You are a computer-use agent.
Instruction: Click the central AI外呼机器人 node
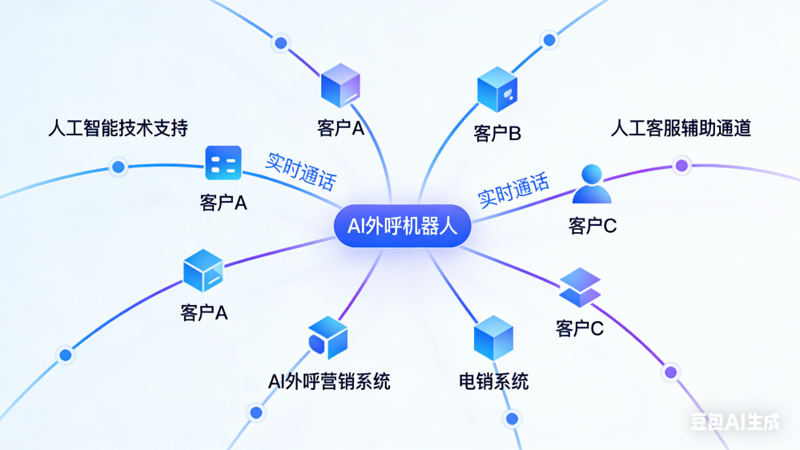tap(401, 226)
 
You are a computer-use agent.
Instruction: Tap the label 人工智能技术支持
tap(119, 127)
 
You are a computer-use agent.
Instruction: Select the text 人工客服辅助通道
tap(681, 127)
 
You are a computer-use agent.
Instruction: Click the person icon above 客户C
tap(592, 185)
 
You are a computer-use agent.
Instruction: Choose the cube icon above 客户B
tap(497, 90)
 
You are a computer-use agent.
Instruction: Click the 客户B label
tap(497, 134)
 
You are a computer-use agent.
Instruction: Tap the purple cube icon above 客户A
tap(340, 85)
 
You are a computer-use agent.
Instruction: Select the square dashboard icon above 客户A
tap(223, 164)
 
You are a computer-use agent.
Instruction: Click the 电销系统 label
tap(493, 381)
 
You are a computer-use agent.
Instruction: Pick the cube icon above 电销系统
tap(493, 338)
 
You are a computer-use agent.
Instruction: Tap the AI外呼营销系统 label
tap(329, 381)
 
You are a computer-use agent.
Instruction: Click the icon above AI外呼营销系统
tap(328, 337)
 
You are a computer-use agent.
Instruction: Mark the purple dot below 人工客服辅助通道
tap(681, 166)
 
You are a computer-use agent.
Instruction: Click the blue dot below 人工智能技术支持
tap(119, 167)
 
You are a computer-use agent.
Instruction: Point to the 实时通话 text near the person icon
tap(513, 191)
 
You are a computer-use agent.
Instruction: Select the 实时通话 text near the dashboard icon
tap(300, 170)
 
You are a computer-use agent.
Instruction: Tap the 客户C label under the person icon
tap(593, 227)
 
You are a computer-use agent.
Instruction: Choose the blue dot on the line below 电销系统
tap(512, 418)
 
